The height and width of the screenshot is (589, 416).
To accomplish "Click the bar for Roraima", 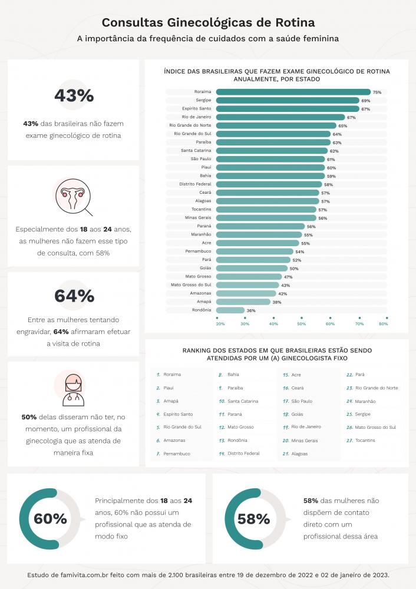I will [x=293, y=92].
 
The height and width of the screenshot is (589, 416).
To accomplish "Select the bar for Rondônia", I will [x=230, y=310].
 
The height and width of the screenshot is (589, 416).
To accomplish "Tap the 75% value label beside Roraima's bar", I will [x=377, y=92].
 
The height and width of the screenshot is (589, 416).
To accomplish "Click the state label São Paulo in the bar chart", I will [x=201, y=159].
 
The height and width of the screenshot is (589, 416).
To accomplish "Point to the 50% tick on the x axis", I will [x=301, y=323].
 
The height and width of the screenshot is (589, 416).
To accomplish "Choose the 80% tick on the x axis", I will [x=384, y=323].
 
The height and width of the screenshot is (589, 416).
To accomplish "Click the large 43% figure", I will [x=74, y=95].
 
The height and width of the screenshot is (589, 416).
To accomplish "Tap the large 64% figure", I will [x=74, y=296].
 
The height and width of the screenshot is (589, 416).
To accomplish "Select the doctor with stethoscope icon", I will [x=74, y=388].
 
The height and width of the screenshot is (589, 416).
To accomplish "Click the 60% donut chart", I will [x=50, y=518].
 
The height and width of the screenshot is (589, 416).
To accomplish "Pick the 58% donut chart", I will [x=253, y=518].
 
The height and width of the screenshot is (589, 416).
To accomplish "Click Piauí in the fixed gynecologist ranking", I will [x=169, y=388].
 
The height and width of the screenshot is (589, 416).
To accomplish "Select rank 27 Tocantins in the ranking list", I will [x=365, y=441].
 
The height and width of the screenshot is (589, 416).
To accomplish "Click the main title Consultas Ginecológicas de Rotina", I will [x=208, y=22].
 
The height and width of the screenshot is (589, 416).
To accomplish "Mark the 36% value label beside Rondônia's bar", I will [x=251, y=310].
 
